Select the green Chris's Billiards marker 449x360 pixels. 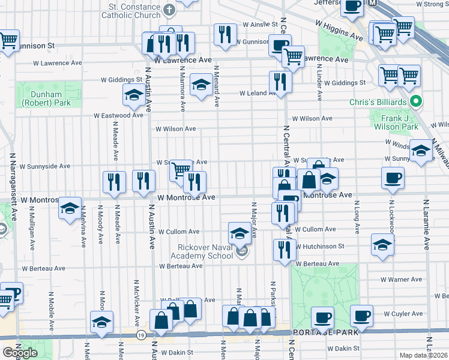point(414,102)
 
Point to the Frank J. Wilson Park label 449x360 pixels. point(396,122)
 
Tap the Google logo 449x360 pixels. point(20,353)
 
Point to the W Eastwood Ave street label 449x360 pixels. point(118,115)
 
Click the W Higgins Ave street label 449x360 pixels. point(340,29)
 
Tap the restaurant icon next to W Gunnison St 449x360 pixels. point(225,35)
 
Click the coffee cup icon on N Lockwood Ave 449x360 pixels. point(393,178)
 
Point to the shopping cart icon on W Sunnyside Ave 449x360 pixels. point(180,170)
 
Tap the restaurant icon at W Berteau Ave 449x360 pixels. point(284,250)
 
